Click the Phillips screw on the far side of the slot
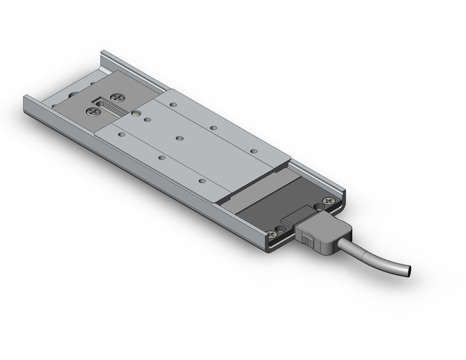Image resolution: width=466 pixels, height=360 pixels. click(119, 96)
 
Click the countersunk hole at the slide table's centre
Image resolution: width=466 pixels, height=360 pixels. click(179, 138)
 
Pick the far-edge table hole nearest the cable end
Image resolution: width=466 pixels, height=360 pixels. click(253, 151)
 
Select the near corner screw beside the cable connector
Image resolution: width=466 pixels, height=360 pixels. click(272, 235)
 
